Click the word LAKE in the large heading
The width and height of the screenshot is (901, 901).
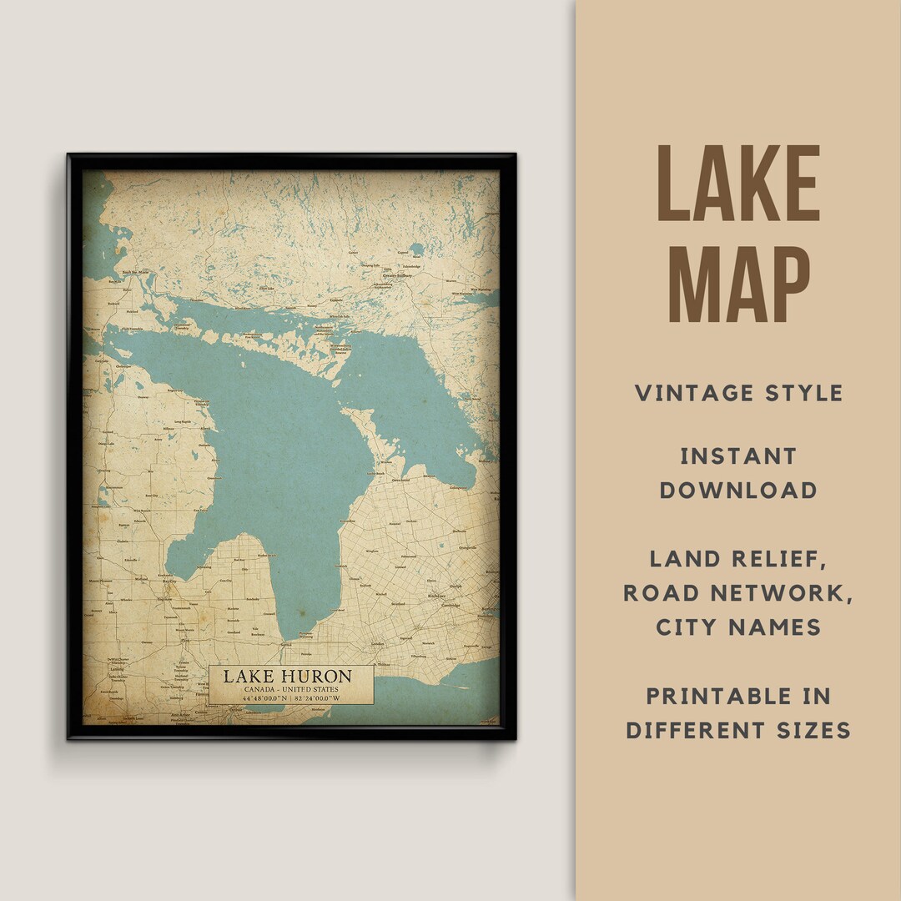point(738,184)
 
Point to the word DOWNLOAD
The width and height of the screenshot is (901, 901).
point(738,490)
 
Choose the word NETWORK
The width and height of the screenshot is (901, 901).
point(786,593)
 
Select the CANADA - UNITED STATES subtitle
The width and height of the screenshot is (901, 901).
point(291,689)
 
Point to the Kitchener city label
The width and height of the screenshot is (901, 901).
point(436,598)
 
